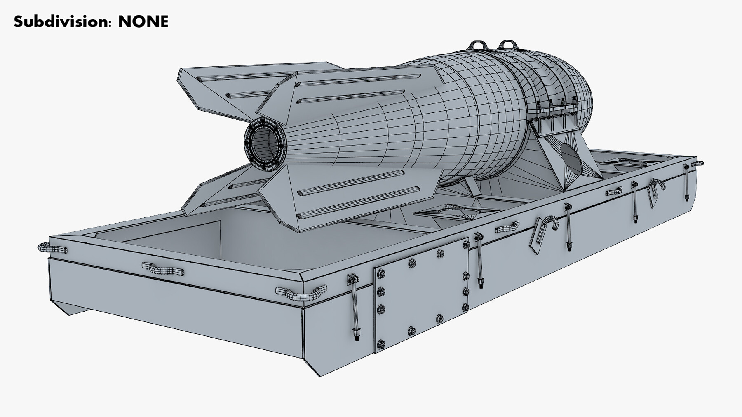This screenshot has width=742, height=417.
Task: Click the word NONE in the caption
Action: click(x=143, y=21)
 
